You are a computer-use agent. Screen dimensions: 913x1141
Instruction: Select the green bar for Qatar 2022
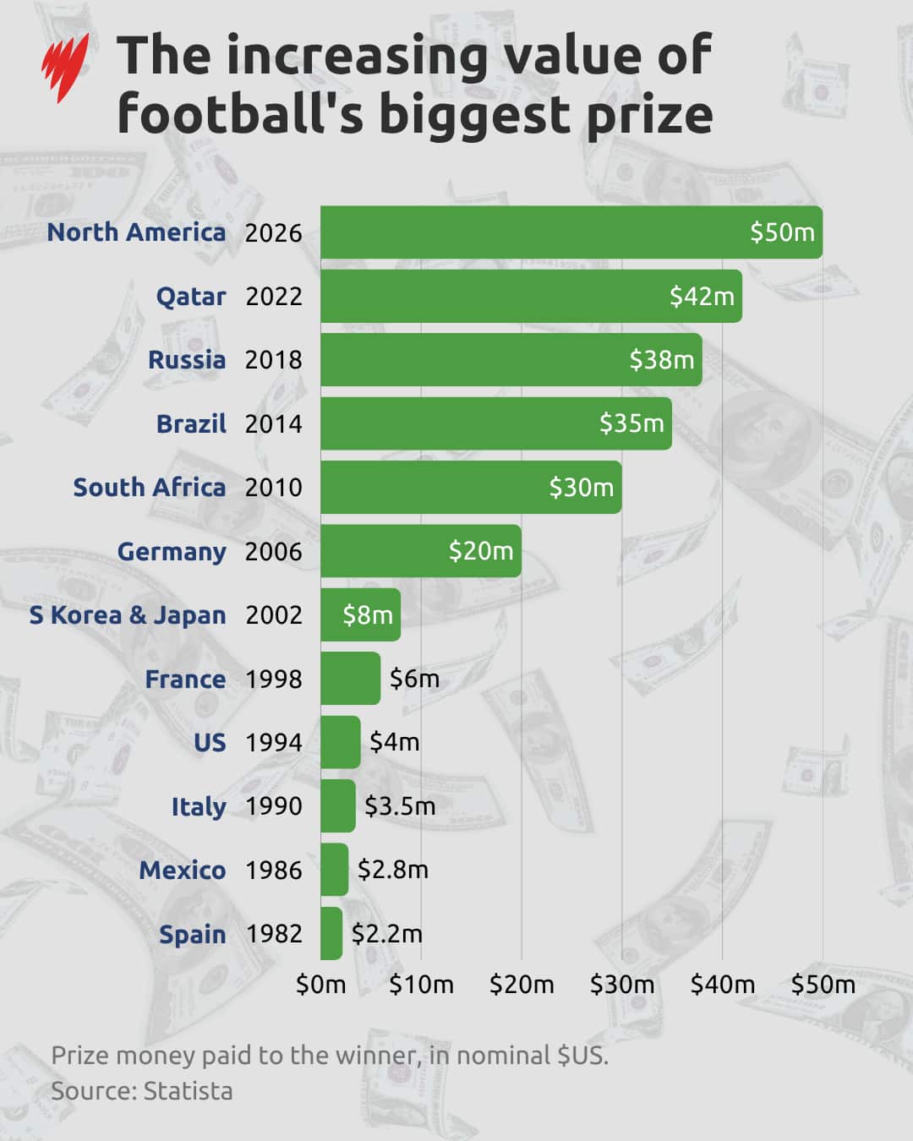[531, 296]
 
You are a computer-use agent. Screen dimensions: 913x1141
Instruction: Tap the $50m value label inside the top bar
[783, 232]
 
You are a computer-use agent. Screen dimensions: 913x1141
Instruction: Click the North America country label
[136, 232]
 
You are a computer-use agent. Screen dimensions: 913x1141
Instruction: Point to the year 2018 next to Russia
[274, 360]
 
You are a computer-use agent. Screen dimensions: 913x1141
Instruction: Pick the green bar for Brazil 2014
[496, 423]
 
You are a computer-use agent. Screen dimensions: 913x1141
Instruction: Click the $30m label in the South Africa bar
[582, 488]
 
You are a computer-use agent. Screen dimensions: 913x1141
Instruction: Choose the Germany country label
[172, 552]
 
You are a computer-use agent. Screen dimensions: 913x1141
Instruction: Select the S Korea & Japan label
[128, 615]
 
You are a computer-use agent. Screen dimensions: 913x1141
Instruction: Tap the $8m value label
[368, 615]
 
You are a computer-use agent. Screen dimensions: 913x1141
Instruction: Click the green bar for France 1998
[350, 678]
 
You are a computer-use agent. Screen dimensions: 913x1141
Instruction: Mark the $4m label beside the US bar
[394, 742]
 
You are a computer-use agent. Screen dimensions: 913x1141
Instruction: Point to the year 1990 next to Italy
[274, 806]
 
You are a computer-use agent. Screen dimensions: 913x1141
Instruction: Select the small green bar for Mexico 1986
[334, 870]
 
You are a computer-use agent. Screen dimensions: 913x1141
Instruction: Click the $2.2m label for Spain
[386, 934]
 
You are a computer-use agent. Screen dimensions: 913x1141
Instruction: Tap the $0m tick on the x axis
[321, 985]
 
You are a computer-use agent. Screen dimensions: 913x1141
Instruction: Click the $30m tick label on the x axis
[622, 985]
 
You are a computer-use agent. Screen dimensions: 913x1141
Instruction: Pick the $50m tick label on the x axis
[823, 985]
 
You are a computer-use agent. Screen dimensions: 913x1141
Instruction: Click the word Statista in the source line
[188, 1092]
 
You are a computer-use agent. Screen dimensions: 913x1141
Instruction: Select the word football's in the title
[241, 114]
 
